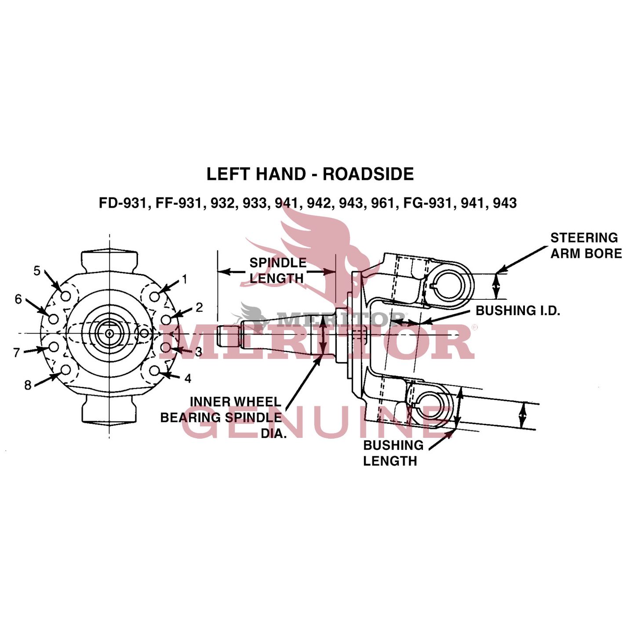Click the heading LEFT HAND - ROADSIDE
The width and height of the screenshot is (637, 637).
[310, 174]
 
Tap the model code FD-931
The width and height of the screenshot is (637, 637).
[122, 203]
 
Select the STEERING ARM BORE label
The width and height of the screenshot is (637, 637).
[586, 246]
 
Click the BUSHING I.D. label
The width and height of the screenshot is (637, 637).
[517, 311]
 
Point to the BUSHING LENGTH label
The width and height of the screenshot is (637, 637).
[393, 453]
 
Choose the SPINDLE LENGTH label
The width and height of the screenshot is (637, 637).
[277, 270]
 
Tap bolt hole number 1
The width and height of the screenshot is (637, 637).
[154, 296]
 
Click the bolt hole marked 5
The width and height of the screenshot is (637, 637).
[66, 296]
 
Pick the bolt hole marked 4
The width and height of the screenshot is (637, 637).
[154, 371]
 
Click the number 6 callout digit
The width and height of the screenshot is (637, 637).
[18, 299]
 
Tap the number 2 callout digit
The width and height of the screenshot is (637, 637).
[199, 308]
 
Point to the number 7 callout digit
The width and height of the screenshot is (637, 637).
[16, 353]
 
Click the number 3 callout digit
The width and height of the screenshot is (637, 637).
[199, 352]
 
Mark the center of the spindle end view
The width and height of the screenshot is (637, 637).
[109, 334]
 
